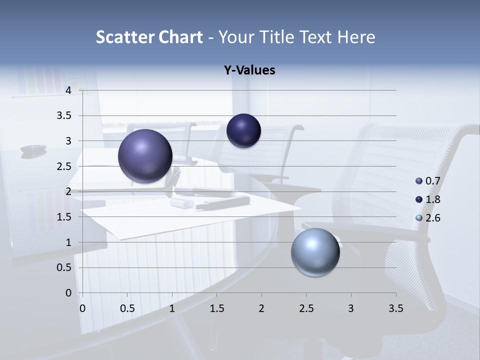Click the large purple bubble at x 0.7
pyautogui.click(x=145, y=156)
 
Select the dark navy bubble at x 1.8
pyautogui.click(x=243, y=130)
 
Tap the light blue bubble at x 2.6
pyautogui.click(x=315, y=252)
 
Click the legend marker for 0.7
pyautogui.click(x=419, y=181)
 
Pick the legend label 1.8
pyautogui.click(x=432, y=199)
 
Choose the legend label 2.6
pyautogui.click(x=432, y=218)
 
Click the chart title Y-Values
pyautogui.click(x=249, y=70)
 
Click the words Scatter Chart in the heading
pyautogui.click(x=149, y=37)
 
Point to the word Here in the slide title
pyautogui.click(x=356, y=37)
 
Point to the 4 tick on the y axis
pyautogui.click(x=68, y=90)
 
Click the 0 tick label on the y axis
pyautogui.click(x=68, y=293)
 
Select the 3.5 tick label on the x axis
pyautogui.click(x=395, y=309)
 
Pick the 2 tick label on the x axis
pyautogui.click(x=261, y=309)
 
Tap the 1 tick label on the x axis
pyautogui.click(x=172, y=309)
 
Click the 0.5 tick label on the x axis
pyautogui.click(x=127, y=309)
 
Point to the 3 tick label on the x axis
pyautogui.click(x=350, y=309)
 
